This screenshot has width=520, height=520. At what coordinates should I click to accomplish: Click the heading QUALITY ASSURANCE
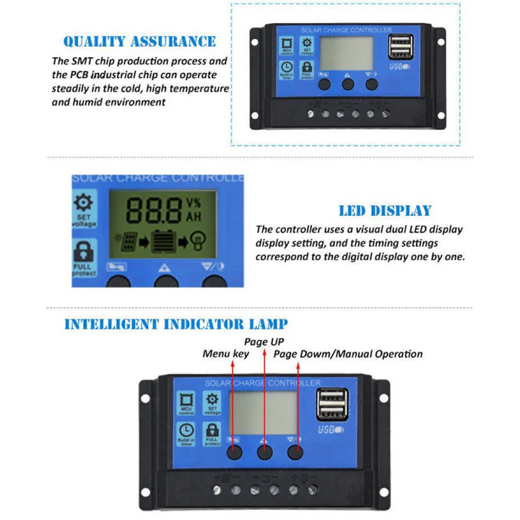click(x=139, y=42)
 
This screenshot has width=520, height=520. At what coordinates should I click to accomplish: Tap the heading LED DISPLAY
click(x=385, y=211)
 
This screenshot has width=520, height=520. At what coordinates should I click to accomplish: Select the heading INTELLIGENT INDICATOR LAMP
click(x=175, y=324)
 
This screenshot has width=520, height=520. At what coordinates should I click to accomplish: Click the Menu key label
click(x=226, y=354)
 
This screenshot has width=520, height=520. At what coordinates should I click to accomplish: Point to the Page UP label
click(x=264, y=341)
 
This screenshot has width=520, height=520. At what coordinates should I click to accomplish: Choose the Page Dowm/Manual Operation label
click(x=348, y=354)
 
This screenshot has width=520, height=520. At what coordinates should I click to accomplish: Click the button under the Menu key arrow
click(x=235, y=452)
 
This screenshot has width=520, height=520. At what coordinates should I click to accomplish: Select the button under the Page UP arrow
click(x=265, y=452)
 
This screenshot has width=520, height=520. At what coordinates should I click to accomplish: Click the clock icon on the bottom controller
click(x=187, y=430)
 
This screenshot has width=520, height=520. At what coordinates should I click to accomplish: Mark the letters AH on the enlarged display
click(x=193, y=217)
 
